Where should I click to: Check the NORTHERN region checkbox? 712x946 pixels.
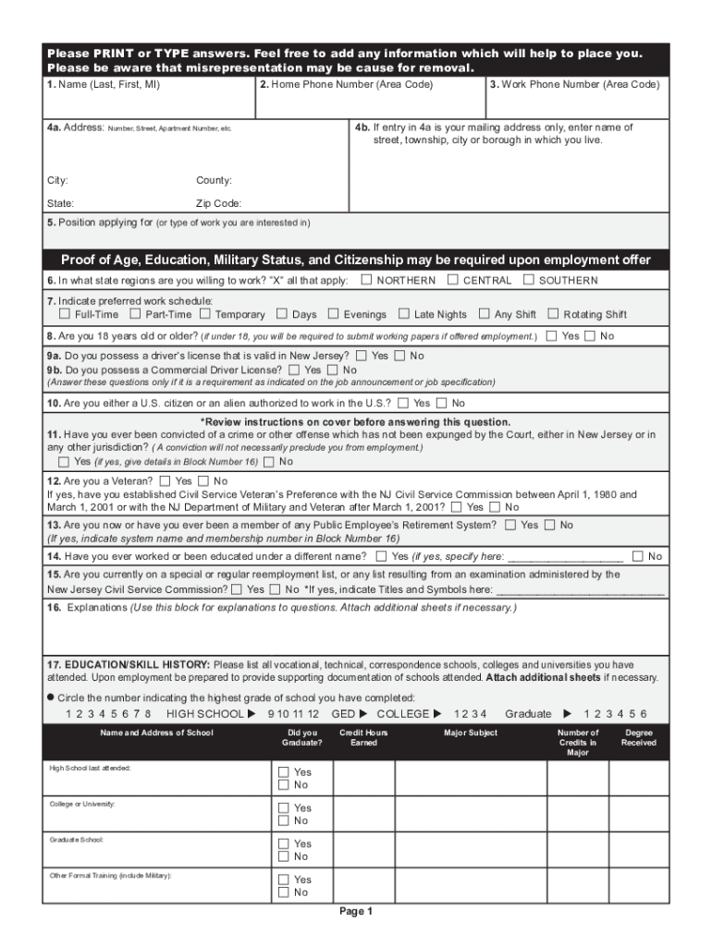click(367, 280)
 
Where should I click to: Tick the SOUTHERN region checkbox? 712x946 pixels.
click(529, 280)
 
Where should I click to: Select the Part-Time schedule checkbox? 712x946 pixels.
click(136, 314)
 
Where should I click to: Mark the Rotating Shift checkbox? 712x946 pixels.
click(554, 314)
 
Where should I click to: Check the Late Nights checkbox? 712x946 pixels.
click(404, 314)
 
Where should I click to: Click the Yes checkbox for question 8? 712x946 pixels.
click(552, 336)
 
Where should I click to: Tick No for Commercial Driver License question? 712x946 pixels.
click(334, 370)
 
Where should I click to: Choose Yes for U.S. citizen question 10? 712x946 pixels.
click(403, 403)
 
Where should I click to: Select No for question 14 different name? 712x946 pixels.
click(638, 556)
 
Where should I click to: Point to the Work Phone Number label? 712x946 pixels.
click(574, 85)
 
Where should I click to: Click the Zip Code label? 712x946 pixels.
click(218, 203)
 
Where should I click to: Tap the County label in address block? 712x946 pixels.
click(214, 180)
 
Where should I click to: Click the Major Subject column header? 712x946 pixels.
click(471, 733)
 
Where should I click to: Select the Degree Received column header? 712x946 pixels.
click(638, 737)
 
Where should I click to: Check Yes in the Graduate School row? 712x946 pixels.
click(285, 843)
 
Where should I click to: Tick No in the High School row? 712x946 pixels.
click(285, 785)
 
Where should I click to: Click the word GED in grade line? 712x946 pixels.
click(343, 714)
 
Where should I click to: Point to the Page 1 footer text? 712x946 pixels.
click(355, 912)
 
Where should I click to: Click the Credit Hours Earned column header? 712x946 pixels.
click(363, 737)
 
